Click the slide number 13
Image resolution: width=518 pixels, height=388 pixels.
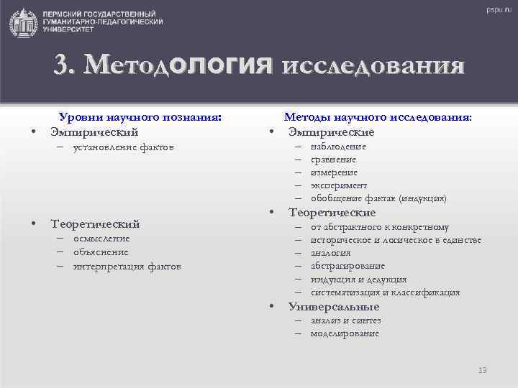point(483,370)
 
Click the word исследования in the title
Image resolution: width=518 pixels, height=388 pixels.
point(373,66)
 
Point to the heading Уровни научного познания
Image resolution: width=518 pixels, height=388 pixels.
point(139,117)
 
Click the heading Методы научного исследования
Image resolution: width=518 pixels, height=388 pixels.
point(378,117)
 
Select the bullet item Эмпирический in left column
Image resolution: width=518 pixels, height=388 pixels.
point(94,131)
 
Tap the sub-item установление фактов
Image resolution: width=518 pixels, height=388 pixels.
point(123,147)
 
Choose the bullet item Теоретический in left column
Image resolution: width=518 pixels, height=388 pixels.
point(95,223)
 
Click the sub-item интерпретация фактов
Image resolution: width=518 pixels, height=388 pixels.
point(127,266)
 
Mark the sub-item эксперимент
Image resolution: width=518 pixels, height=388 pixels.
point(339,185)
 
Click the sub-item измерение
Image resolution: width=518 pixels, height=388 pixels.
point(334,172)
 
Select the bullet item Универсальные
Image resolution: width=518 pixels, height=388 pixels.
point(334,307)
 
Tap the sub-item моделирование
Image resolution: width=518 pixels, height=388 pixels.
point(345,333)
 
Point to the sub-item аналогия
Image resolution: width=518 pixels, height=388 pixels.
point(331,253)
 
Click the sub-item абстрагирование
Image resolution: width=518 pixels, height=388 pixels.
point(347,266)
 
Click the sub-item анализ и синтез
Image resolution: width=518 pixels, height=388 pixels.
point(345,320)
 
